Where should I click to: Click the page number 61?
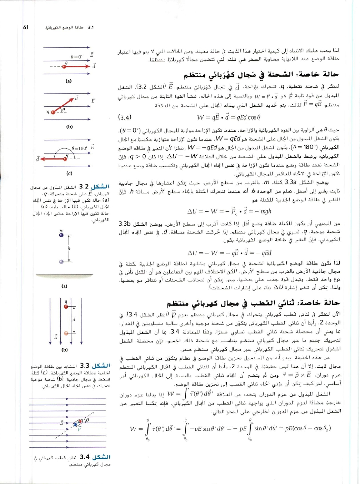[x=26, y=27]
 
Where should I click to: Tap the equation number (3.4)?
[x=124, y=117]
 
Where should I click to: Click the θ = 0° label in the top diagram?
[x=76, y=57]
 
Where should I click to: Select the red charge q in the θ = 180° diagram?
[x=66, y=159]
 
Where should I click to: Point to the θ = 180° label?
[x=79, y=148]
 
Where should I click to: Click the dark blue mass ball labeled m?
[x=61, y=235]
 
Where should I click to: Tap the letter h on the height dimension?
[x=69, y=248]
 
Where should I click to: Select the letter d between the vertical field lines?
[x=74, y=319]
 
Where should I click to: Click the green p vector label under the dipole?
[x=79, y=429]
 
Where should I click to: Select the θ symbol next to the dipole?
[x=88, y=420]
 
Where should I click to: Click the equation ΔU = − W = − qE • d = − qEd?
[x=229, y=253]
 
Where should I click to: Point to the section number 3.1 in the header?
[x=91, y=27]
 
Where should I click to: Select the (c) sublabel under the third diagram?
[x=69, y=173]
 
